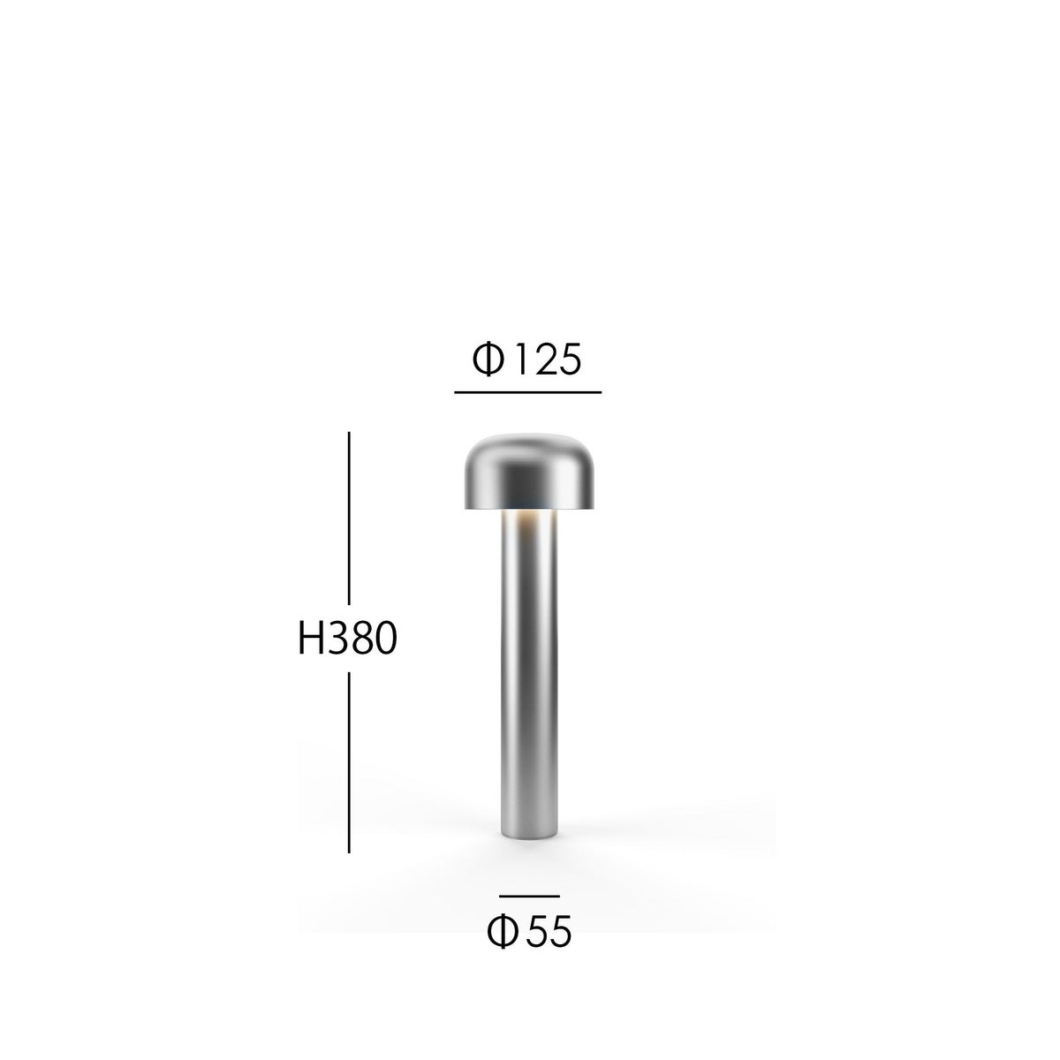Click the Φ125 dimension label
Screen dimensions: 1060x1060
coord(527,360)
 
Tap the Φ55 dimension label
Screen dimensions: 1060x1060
coord(529,931)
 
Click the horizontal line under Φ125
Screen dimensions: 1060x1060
coord(527,391)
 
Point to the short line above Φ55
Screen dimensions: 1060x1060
coord(529,897)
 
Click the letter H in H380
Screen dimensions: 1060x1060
coord(311,639)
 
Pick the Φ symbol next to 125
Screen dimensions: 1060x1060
coord(488,360)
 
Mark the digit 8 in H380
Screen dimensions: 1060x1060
coord(360,639)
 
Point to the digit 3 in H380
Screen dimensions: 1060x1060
coord(337,639)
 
